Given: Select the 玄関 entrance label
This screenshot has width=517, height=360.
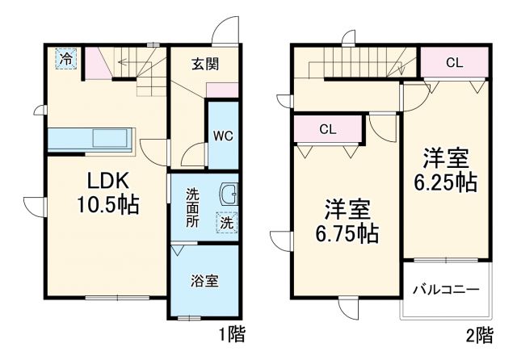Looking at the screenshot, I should click(x=205, y=64).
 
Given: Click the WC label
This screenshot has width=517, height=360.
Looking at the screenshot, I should click(x=223, y=136).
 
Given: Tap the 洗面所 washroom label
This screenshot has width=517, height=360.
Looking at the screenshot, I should click(x=192, y=208).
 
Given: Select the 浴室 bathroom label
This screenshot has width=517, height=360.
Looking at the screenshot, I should click(x=204, y=282).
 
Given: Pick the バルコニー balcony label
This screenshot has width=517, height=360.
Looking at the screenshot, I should click(x=446, y=289).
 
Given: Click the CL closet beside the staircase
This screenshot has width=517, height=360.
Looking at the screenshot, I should click(x=454, y=62).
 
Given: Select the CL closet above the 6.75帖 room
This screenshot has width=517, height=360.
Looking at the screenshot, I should click(x=328, y=128).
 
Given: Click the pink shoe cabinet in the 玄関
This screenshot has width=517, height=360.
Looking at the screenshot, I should click(x=226, y=89).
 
